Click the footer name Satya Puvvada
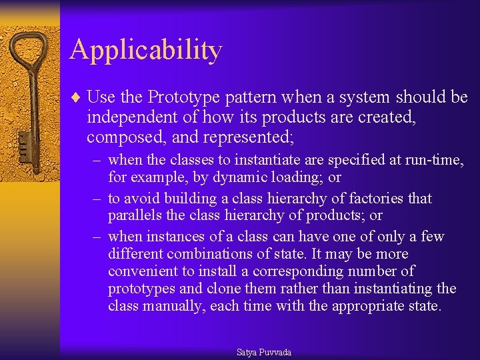pos(263,352)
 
